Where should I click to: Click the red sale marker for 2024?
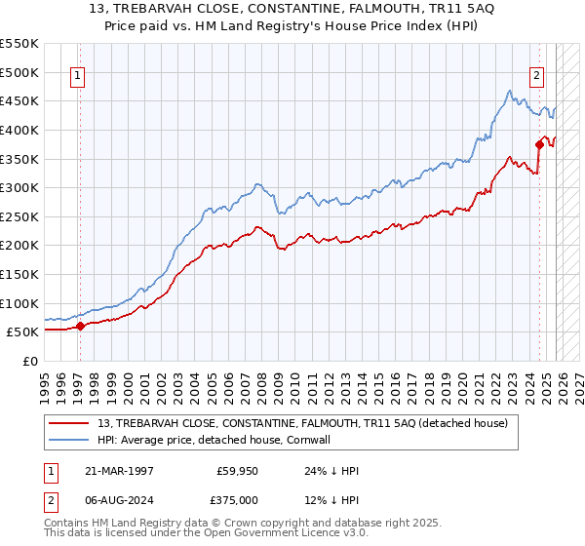(539, 144)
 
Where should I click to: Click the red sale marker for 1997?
(80, 327)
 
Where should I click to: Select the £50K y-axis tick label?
(23, 332)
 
